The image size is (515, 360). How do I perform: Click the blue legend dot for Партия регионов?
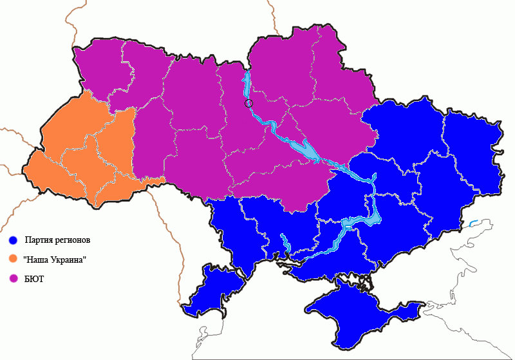pos(13,240)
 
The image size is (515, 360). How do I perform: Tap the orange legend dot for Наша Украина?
pos(13,259)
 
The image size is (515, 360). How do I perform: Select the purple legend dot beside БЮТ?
pos(13,278)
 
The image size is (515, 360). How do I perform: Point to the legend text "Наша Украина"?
pos(55,259)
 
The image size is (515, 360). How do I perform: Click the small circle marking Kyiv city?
pos(249,102)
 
